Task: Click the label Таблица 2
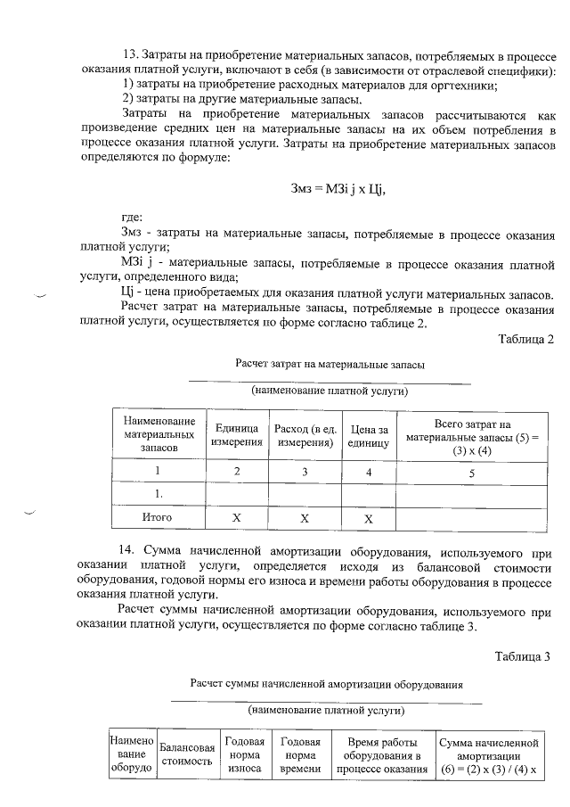point(527,339)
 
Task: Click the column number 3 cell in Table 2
point(304,472)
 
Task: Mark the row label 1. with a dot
point(158,493)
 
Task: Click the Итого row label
point(158,516)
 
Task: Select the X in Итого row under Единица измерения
point(237,516)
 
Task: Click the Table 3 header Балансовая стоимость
point(186,754)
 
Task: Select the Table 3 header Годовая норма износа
point(244,754)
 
